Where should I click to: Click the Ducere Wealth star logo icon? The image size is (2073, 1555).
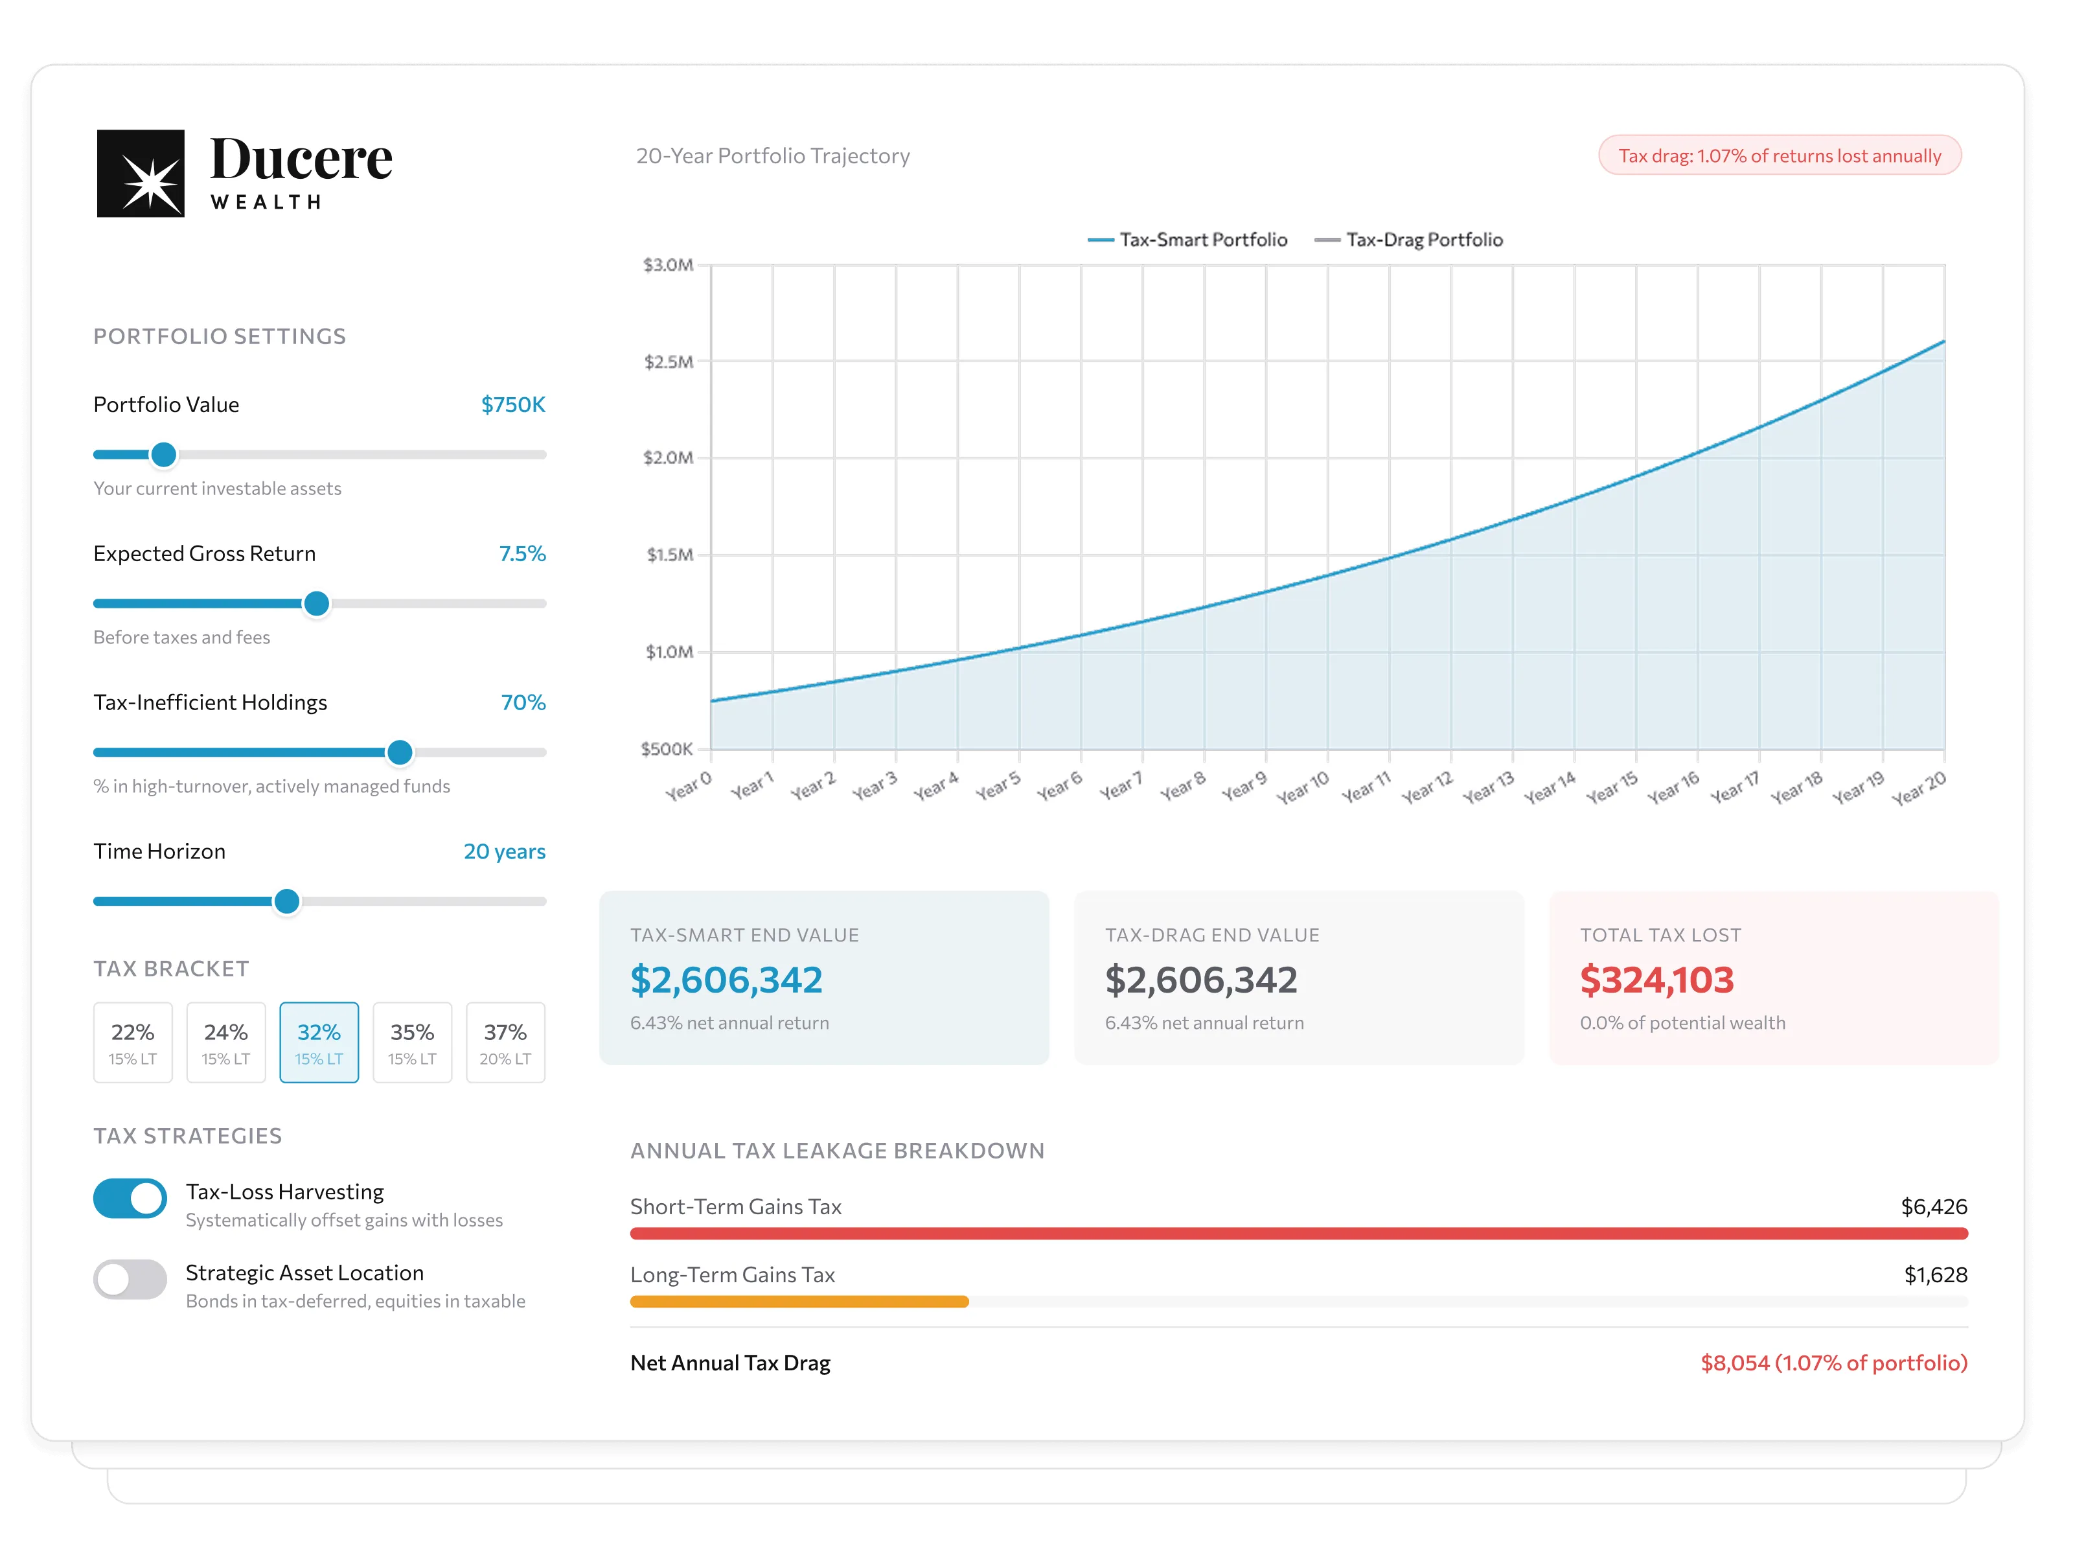point(141,174)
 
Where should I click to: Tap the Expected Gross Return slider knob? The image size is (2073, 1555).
point(317,604)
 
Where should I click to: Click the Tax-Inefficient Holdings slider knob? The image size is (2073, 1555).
point(400,752)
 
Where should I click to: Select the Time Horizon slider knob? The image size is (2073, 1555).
point(287,901)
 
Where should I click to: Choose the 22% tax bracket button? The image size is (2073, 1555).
point(133,1042)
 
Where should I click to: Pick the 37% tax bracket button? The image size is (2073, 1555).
point(505,1042)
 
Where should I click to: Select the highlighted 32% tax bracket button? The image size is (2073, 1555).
point(319,1042)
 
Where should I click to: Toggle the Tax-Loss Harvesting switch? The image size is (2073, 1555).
point(130,1198)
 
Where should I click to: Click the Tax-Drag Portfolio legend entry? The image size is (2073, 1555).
point(1408,240)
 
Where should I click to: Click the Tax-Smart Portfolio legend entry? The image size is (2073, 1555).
point(1187,240)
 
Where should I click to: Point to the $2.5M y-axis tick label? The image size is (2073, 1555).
point(668,362)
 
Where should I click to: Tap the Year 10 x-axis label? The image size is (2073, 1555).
point(1303,787)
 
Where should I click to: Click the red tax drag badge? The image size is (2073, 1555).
point(1780,155)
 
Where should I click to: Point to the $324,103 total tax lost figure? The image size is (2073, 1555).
point(1657,980)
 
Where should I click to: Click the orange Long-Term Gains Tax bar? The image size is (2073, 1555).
point(799,1301)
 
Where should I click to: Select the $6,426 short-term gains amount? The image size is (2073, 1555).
point(1934,1206)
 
